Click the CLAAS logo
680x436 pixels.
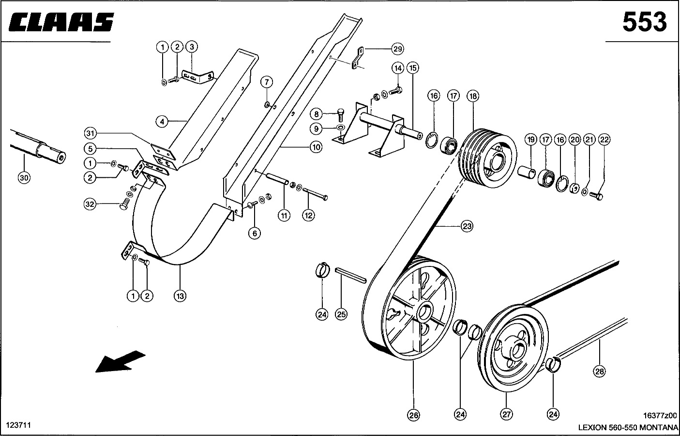click(x=60, y=22)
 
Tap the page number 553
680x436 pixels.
click(x=644, y=22)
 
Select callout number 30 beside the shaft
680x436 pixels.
click(x=24, y=178)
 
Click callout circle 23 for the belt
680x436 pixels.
click(x=467, y=226)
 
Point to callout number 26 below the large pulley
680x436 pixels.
click(x=413, y=415)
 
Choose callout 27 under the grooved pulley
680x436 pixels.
click(x=506, y=415)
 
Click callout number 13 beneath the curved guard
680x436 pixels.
click(x=180, y=296)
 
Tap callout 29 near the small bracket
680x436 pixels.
click(x=397, y=49)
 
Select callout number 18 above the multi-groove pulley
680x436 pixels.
click(x=472, y=96)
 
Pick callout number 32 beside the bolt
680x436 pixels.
click(x=90, y=204)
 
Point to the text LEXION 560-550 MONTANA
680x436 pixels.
click(x=628, y=428)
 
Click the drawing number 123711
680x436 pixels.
click(x=18, y=425)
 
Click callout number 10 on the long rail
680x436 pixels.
click(x=316, y=146)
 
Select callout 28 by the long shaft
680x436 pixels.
click(x=599, y=372)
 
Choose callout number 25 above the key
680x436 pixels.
click(x=341, y=314)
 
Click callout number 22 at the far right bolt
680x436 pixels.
click(x=604, y=140)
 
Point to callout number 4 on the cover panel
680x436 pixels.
click(x=163, y=121)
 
